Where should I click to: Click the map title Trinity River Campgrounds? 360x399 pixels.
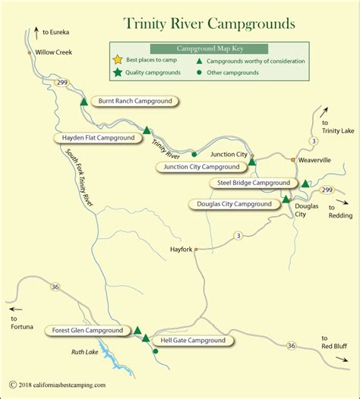pos(201,24)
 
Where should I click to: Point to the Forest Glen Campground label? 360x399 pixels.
pos(87,331)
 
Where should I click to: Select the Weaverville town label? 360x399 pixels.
pos(315,160)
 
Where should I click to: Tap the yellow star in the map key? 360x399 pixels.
pos(118,60)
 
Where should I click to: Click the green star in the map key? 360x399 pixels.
pos(118,73)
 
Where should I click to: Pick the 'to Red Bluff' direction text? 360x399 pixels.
pos(335,342)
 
